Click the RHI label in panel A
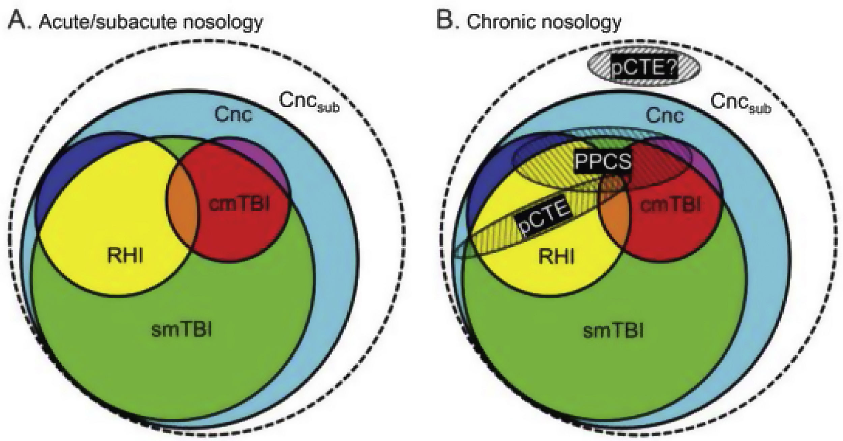click(x=125, y=256)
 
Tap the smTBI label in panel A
click(x=182, y=330)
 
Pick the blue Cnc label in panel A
click(x=233, y=115)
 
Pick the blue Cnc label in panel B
click(x=665, y=116)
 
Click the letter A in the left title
click(x=19, y=21)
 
